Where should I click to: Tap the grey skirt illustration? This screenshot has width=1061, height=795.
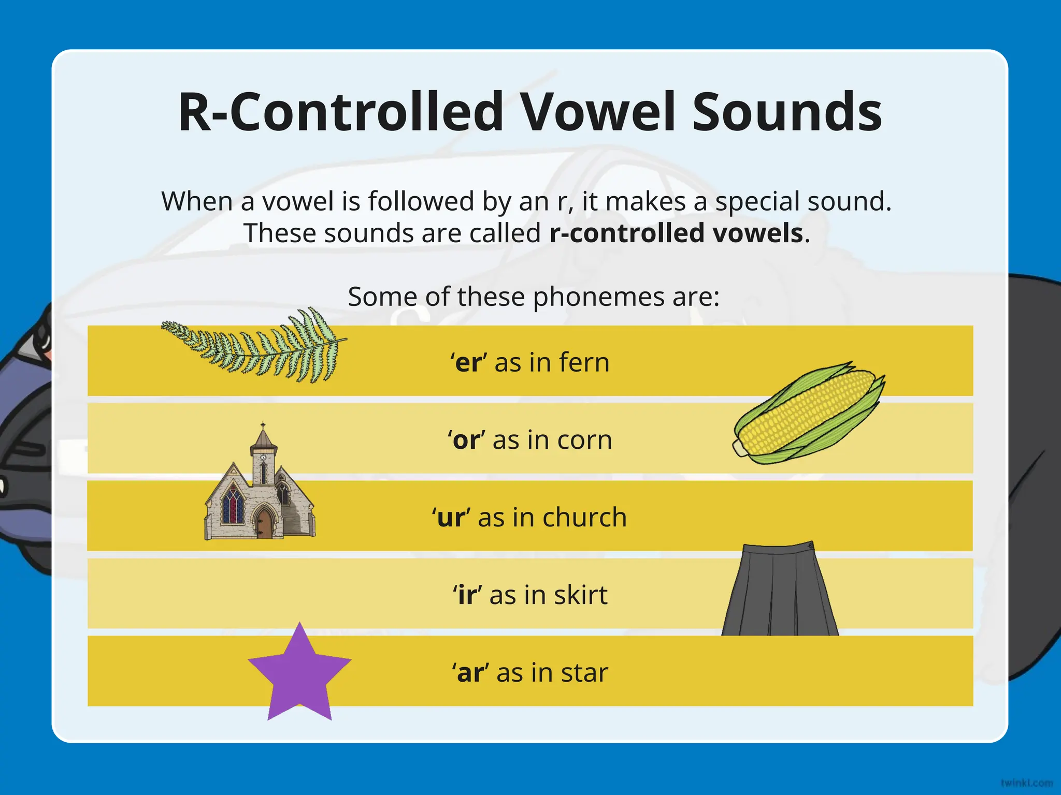[780, 593]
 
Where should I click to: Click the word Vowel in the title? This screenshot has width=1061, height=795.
[599, 112]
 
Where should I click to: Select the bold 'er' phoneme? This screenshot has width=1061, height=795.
[468, 362]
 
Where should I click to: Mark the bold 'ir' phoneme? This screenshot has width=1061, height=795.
[467, 595]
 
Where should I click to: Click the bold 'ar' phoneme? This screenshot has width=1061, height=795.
[470, 673]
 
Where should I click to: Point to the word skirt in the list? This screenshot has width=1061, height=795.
[580, 595]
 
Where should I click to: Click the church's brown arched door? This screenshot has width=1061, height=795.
[264, 524]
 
